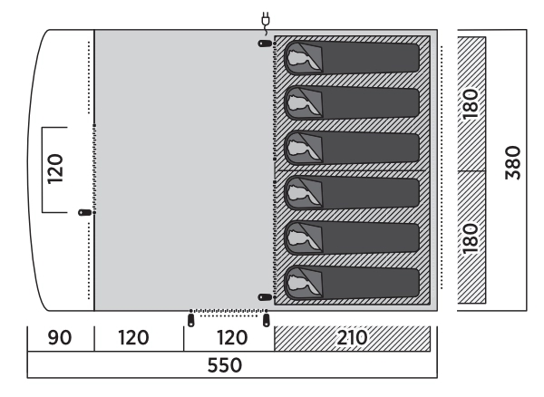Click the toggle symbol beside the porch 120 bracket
85,212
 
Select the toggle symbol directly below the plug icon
264,44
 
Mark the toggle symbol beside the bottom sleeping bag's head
264,296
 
